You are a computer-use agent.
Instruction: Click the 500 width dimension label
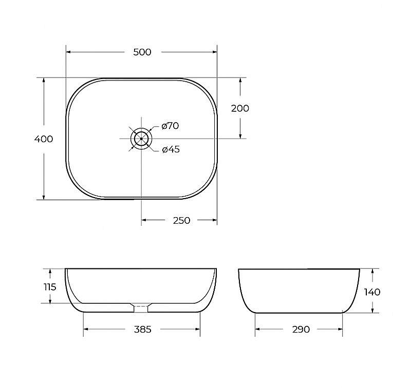(142, 52)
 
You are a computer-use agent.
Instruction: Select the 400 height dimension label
(44, 139)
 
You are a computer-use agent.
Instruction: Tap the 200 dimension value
(240, 108)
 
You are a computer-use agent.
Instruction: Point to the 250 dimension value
(181, 220)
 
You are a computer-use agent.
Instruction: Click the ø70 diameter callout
(170, 126)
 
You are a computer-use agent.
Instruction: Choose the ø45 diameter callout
(171, 150)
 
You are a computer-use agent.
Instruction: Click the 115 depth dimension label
(50, 287)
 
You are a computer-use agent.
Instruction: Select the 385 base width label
(142, 329)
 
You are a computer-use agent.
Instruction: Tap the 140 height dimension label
(372, 292)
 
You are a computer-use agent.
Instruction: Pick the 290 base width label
(301, 329)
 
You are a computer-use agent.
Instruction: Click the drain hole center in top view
(141, 139)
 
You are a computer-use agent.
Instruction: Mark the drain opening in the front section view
(141, 307)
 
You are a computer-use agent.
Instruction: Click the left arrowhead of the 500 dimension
(69, 52)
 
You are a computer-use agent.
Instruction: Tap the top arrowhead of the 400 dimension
(44, 81)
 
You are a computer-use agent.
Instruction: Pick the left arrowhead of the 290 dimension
(258, 329)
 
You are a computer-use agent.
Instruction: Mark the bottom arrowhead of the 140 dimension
(372, 309)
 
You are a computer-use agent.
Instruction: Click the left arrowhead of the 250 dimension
(145, 220)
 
